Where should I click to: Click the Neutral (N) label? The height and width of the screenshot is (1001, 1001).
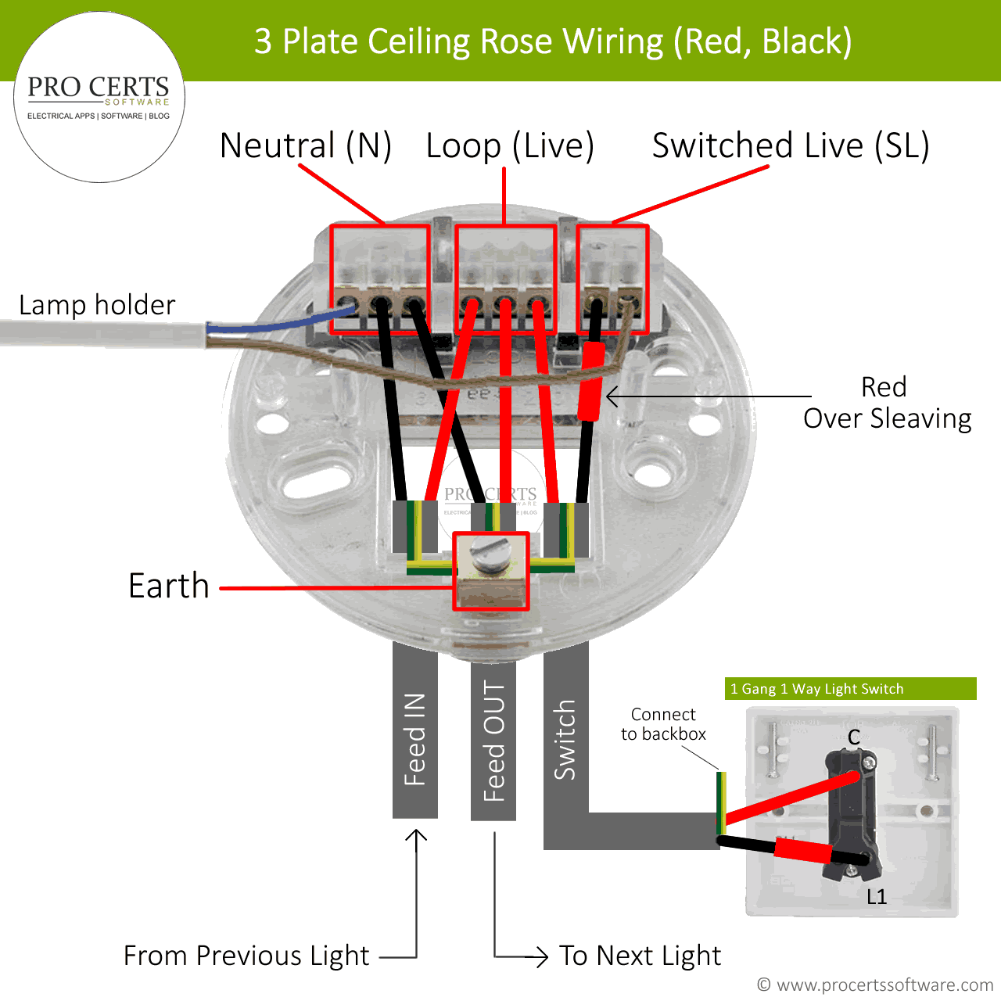(x=306, y=146)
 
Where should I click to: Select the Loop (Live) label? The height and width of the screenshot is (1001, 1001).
(x=510, y=146)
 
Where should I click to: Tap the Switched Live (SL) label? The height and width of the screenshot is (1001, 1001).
(x=791, y=146)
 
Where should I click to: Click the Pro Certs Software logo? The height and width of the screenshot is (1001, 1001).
(x=99, y=97)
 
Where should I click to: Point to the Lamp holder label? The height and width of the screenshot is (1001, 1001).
(x=97, y=305)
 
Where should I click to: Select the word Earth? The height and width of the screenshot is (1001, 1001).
(x=169, y=586)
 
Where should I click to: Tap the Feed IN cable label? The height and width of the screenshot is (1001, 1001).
(x=414, y=739)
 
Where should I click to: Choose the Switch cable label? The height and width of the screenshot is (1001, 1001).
(x=565, y=740)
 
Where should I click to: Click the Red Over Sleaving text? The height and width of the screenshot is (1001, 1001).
(x=887, y=403)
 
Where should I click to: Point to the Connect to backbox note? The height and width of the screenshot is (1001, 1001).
(x=663, y=724)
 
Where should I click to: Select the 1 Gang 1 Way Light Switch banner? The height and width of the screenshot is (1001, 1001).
(x=850, y=689)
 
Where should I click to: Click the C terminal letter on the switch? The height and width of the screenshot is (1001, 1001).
(x=854, y=737)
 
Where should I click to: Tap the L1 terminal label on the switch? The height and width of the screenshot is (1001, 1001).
(x=877, y=897)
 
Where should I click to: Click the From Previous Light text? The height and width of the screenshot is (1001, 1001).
(x=246, y=956)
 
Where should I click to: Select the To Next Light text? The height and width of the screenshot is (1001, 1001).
(x=640, y=956)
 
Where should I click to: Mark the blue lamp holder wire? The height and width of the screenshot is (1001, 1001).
(x=282, y=324)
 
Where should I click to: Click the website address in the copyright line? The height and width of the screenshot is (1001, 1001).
(x=884, y=985)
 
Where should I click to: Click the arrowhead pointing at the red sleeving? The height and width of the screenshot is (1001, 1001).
(x=613, y=396)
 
